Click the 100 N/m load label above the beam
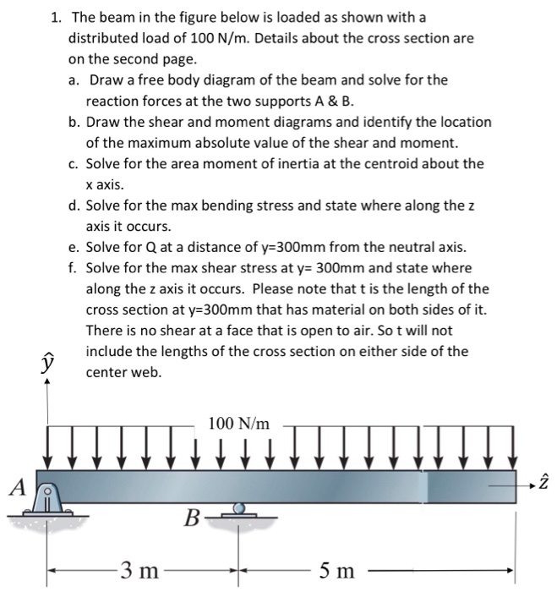coord(238,423)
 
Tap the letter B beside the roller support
coord(193,515)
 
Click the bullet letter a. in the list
coord(75,79)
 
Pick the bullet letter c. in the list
coord(75,163)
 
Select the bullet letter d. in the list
coord(75,206)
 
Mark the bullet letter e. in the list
coord(75,247)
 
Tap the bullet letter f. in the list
coord(74,268)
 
